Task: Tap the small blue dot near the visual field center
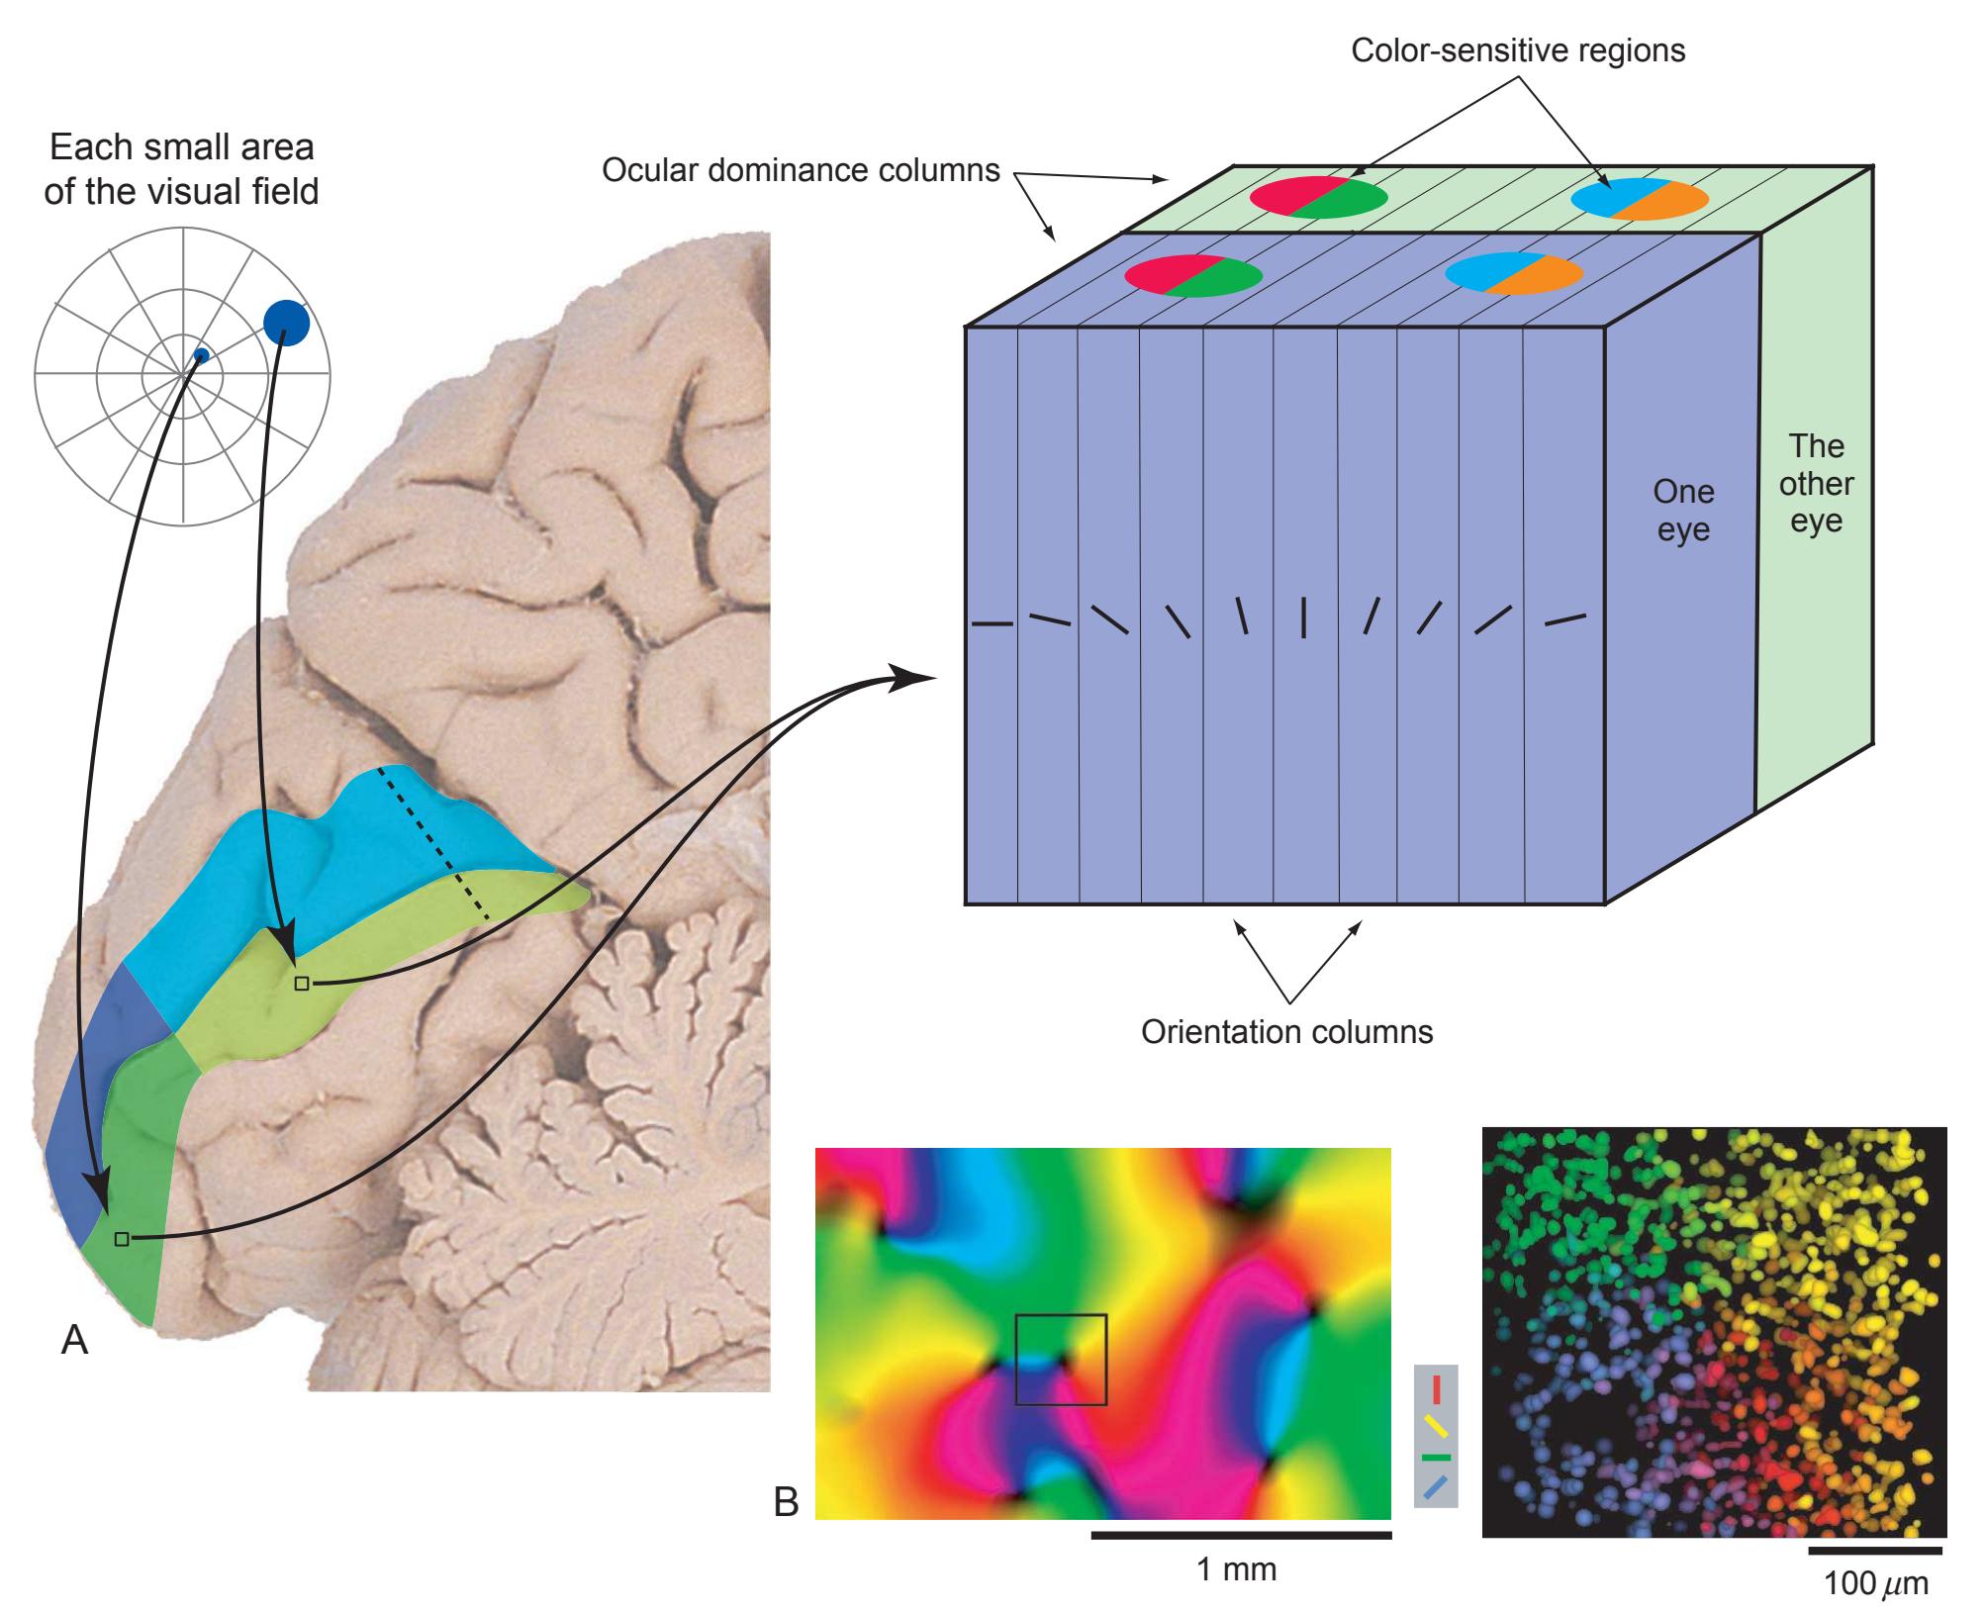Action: click(201, 355)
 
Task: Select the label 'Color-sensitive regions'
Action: click(1518, 50)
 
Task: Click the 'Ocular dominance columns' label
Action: click(801, 170)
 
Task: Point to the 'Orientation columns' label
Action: click(1286, 1032)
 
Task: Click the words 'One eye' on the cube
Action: click(1683, 511)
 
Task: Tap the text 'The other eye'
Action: click(1816, 484)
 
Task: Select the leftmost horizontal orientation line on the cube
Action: click(992, 624)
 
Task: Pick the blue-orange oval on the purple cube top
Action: click(1514, 273)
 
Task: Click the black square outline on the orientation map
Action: click(1061, 1359)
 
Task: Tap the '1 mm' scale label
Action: click(1237, 1569)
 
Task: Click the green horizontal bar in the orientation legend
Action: click(1436, 1458)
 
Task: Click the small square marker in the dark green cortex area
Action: click(121, 1238)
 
